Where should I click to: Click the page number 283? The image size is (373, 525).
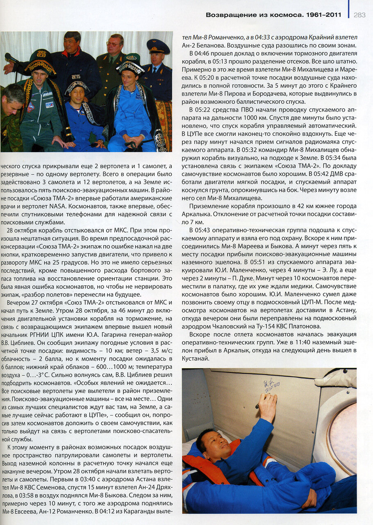[359, 15]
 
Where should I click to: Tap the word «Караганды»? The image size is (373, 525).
[135, 511]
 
